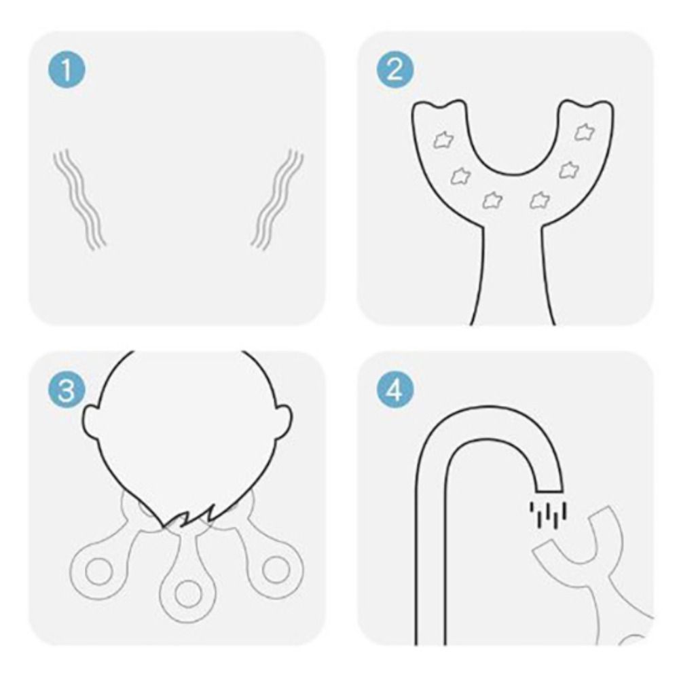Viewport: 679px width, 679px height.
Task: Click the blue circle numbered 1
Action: point(67,70)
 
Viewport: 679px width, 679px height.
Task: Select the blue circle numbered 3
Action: point(67,390)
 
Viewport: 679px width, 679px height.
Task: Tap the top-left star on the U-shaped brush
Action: point(444,140)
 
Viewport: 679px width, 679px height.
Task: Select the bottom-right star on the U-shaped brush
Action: point(540,200)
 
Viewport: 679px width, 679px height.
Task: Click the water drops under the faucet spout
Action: point(548,515)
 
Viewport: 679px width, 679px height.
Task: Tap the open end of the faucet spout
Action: point(549,492)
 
